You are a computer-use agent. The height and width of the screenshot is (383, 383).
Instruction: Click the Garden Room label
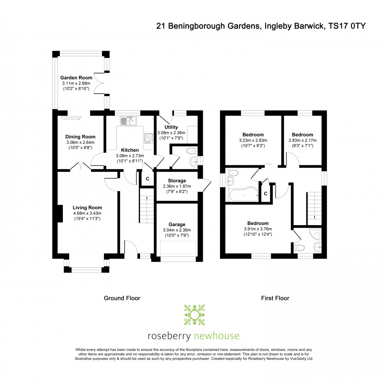pos(76,78)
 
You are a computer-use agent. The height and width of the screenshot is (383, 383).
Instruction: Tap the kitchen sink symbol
pos(128,121)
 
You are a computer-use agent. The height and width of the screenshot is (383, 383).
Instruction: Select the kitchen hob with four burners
pos(149,138)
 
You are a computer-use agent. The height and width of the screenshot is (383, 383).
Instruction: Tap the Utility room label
pos(171,127)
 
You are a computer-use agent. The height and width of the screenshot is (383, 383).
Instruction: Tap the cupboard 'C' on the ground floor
pos(147,179)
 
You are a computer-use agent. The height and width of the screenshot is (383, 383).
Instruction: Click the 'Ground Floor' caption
pos(122,298)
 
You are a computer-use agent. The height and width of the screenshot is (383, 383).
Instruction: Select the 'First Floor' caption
pos(275,298)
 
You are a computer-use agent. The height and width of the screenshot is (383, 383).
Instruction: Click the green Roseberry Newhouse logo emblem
pos(193,315)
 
